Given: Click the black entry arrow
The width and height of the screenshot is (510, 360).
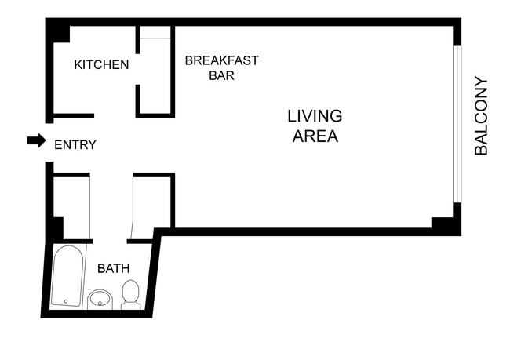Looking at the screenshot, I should [x=36, y=140].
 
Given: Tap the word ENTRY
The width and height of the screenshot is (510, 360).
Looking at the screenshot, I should [x=75, y=144].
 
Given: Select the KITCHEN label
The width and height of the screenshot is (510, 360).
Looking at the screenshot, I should [x=101, y=64].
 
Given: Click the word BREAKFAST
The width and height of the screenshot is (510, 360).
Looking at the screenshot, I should [x=221, y=60].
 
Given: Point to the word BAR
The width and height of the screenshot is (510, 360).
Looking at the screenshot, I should [x=221, y=76].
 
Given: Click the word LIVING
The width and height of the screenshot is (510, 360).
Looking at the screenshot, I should [x=315, y=116].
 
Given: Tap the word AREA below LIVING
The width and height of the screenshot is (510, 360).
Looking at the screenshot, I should [x=315, y=136].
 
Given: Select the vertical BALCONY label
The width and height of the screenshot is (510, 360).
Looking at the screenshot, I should [x=481, y=115].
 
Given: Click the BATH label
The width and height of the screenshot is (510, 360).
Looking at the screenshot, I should [x=113, y=268].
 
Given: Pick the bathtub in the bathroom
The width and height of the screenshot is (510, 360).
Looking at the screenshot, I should [x=67, y=276].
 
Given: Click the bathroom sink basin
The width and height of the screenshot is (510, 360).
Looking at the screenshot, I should [x=100, y=298].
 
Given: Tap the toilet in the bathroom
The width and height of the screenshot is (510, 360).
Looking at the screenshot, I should [x=131, y=293].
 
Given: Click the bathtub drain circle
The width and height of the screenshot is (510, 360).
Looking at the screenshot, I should [x=66, y=300].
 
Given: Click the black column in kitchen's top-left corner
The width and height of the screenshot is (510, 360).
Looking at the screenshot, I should [x=57, y=31].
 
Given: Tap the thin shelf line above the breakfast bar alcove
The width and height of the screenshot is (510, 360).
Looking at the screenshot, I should [x=155, y=38].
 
